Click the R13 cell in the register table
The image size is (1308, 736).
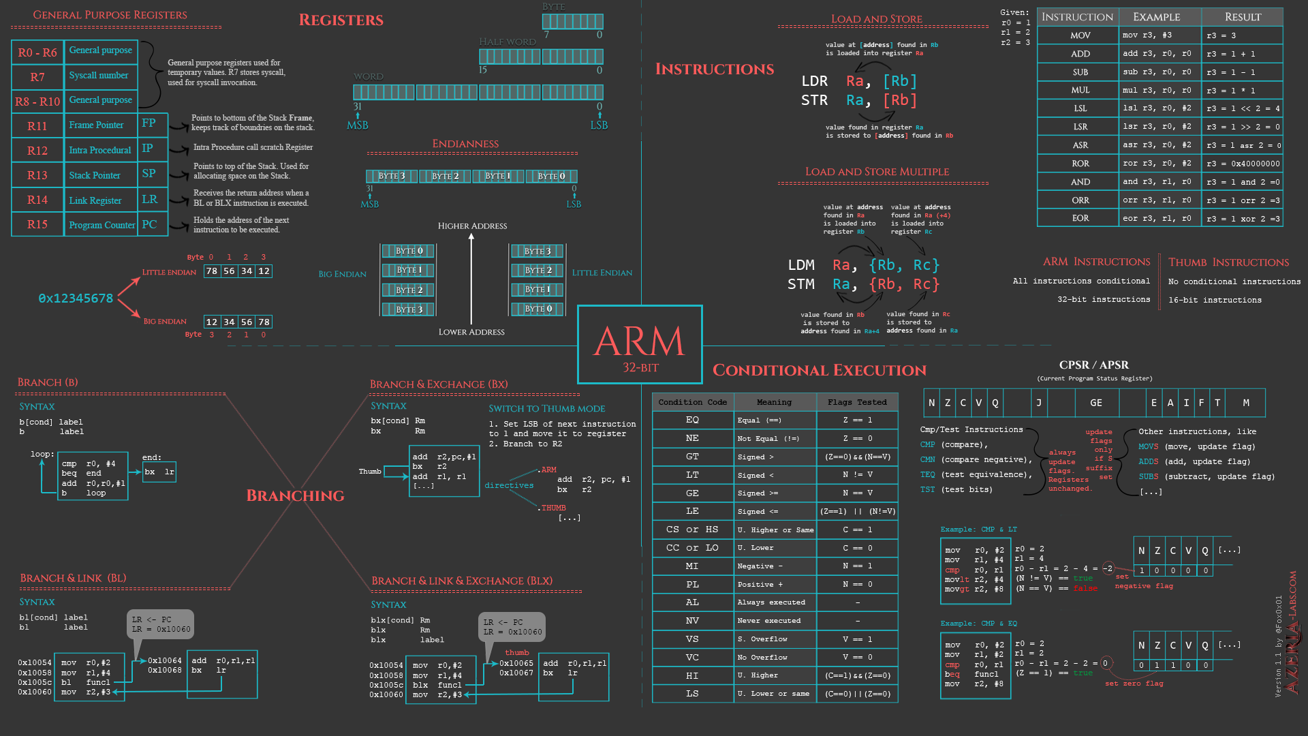[37, 176]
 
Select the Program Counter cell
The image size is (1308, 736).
[102, 226]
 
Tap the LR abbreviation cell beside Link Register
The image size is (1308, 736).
[150, 200]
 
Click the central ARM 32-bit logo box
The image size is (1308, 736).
[639, 345]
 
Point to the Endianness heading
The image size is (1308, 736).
[465, 144]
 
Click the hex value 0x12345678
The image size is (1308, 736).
[76, 298]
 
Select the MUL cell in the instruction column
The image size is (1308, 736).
[1080, 90]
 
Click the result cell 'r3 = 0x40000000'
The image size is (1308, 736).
[1243, 164]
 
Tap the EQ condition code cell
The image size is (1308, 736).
[692, 420]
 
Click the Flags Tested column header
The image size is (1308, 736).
[857, 402]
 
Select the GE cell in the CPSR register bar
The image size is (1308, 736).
[1095, 403]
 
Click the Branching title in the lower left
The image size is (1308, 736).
[295, 495]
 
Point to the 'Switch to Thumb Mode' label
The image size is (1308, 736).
[546, 409]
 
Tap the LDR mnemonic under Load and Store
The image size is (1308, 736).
[814, 81]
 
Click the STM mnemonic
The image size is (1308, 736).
[800, 284]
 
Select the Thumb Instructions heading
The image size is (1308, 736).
[1228, 262]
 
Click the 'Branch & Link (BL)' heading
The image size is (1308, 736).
[73, 579]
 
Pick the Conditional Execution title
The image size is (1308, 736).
[819, 370]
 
